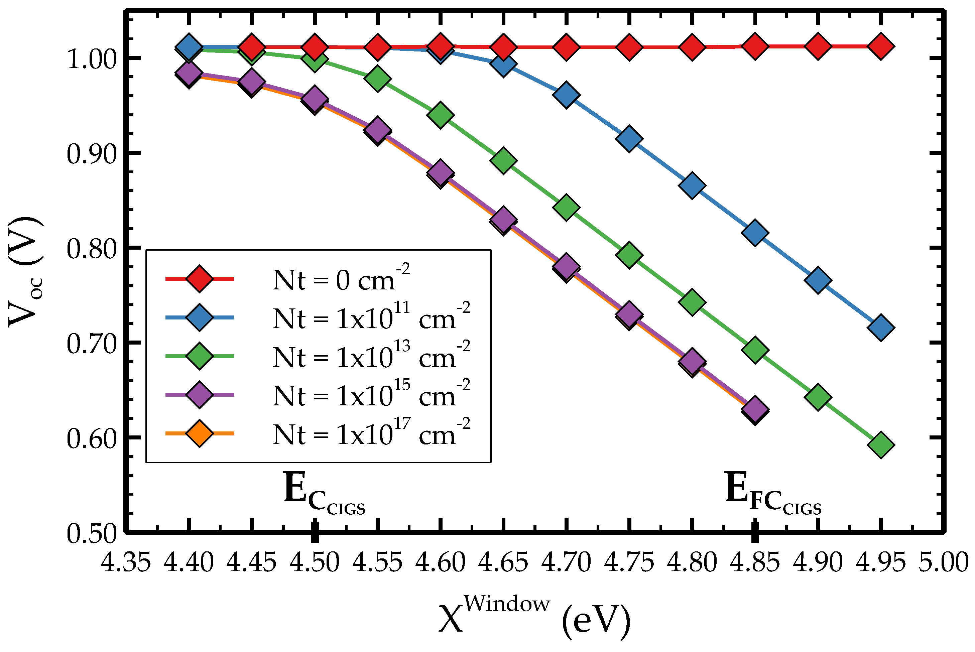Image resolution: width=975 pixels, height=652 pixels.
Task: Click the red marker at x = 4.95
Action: [880, 46]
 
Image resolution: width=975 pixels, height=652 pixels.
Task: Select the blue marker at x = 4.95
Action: [880, 327]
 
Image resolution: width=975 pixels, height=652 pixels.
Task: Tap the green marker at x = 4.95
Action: [880, 444]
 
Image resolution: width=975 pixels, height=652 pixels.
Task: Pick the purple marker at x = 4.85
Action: [754, 409]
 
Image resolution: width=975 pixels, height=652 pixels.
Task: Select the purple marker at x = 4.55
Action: [377, 129]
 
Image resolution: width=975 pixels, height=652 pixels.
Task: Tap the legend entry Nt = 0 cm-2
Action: [341, 280]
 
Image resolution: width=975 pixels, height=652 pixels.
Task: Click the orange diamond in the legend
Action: [200, 433]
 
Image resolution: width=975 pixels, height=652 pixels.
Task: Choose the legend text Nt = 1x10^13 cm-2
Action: [371, 357]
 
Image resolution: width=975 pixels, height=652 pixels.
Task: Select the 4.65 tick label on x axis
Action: [503, 562]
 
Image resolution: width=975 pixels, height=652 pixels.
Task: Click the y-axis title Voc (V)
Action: [26, 272]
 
